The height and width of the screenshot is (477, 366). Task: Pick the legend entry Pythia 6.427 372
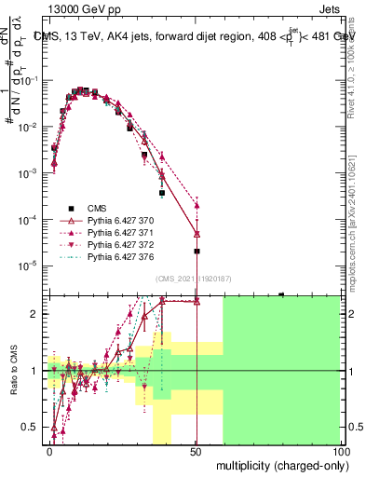(x=116, y=244)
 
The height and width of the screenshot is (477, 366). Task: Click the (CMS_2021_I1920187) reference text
(x=194, y=279)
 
